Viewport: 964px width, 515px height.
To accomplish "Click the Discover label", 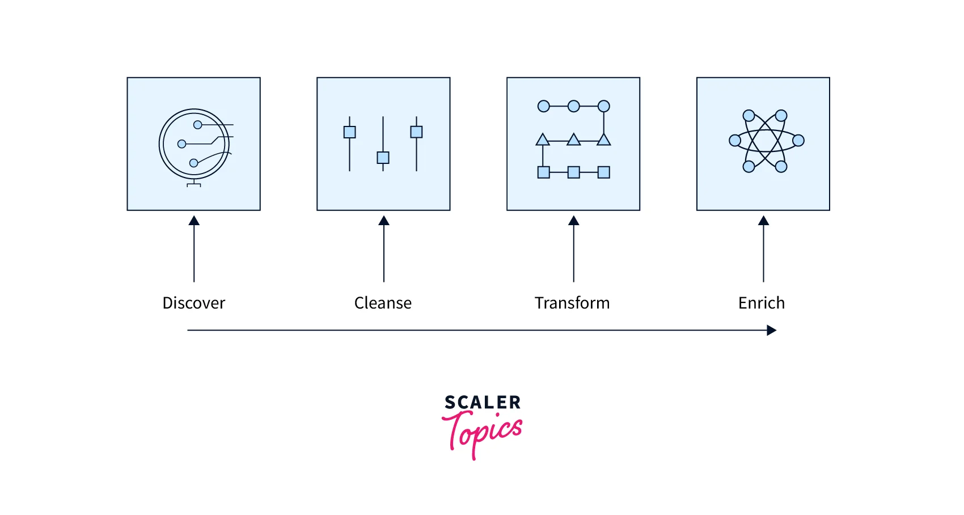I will pyautogui.click(x=193, y=303).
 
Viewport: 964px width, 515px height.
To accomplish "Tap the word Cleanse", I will pyautogui.click(x=383, y=303).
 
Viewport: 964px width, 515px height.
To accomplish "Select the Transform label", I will pyautogui.click(x=572, y=303).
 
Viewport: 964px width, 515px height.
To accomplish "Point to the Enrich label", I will pyautogui.click(x=762, y=303).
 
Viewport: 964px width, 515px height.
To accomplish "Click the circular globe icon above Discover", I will pyautogui.click(x=195, y=144).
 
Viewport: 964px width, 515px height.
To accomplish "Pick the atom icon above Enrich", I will pyautogui.click(x=766, y=141).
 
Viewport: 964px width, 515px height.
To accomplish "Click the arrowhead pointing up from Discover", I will pyautogui.click(x=194, y=221).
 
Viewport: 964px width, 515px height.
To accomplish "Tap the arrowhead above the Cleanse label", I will pyautogui.click(x=384, y=221).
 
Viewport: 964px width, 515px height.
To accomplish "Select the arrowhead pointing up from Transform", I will pyautogui.click(x=574, y=221).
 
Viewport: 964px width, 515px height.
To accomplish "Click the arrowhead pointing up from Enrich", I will pyautogui.click(x=764, y=221).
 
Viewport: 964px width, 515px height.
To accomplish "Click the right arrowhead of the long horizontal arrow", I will pyautogui.click(x=771, y=330).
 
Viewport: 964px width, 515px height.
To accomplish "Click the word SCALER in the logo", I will pyautogui.click(x=483, y=403).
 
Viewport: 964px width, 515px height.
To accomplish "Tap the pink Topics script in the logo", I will pyautogui.click(x=483, y=433).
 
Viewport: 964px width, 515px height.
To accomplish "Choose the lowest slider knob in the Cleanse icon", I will pyautogui.click(x=383, y=158).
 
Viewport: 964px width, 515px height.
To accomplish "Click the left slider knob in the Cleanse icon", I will pyautogui.click(x=350, y=132).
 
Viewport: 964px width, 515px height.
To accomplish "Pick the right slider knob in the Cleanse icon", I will pyautogui.click(x=416, y=132).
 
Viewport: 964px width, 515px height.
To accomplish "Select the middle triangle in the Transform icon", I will pyautogui.click(x=574, y=140).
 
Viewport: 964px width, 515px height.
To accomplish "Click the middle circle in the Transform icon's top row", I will pyautogui.click(x=574, y=106).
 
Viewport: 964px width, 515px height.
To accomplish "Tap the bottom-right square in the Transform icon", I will pyautogui.click(x=604, y=172).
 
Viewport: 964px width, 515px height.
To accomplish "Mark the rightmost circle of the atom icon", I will pyautogui.click(x=798, y=140).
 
